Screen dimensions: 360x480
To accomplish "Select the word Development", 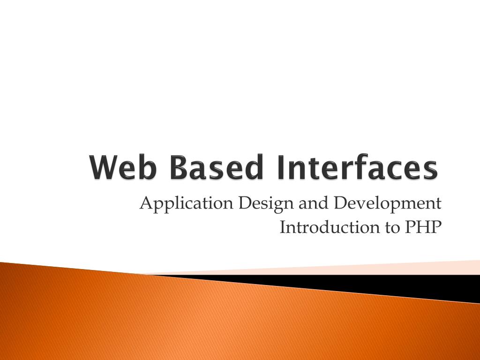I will (388, 204).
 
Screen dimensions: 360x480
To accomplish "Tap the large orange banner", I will (187, 319).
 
